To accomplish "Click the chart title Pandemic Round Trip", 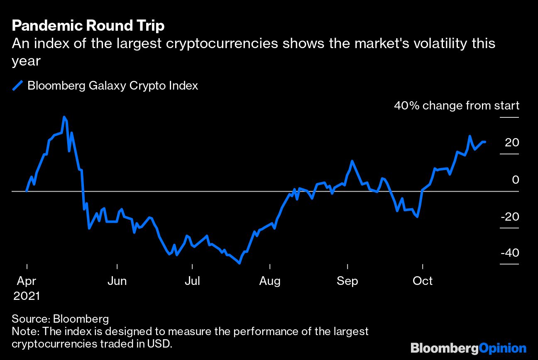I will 88,26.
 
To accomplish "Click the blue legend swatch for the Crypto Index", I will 18,86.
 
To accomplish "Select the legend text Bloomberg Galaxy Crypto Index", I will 112,86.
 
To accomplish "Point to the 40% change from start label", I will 456,106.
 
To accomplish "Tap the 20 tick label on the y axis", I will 512,143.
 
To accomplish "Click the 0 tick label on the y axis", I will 515,180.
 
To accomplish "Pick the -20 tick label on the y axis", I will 509,216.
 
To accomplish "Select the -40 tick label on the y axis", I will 509,253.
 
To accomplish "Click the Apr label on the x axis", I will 26,281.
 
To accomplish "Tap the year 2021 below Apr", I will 27,296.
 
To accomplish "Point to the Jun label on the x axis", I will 117,281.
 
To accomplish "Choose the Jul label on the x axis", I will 192,281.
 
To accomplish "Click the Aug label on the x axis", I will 270,281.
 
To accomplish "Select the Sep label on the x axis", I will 347,281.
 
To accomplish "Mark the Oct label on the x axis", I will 423,281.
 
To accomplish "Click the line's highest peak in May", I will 64,117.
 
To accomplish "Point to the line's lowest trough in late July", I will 240,263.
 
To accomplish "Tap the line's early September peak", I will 352,161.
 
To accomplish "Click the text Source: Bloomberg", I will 60,319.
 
